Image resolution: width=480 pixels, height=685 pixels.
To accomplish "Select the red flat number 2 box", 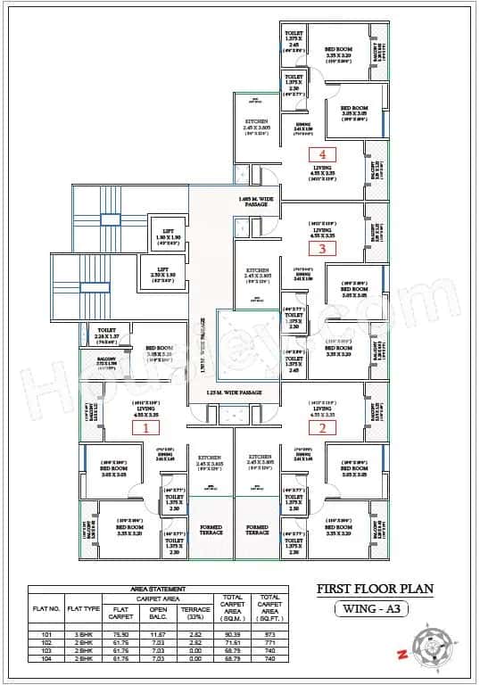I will (x=323, y=427).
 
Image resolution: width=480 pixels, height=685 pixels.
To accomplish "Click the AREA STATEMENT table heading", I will (x=159, y=590).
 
